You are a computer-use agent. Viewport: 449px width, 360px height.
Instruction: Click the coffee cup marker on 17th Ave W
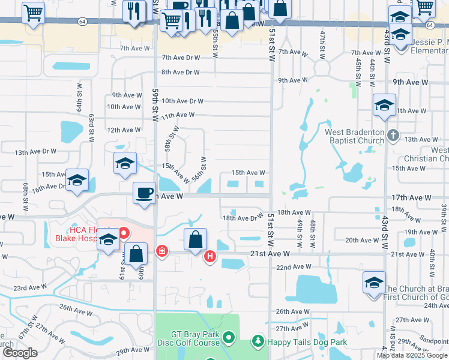(143, 194)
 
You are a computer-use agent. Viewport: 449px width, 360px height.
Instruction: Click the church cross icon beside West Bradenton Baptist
(393, 135)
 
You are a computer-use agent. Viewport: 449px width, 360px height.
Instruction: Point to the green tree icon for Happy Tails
(258, 341)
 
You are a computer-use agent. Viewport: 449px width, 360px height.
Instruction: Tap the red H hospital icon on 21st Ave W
(210, 257)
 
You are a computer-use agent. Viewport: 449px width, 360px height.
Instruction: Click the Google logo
(20, 353)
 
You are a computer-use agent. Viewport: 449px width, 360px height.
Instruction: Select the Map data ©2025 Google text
(412, 355)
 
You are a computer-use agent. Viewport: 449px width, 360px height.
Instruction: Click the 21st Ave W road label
(267, 254)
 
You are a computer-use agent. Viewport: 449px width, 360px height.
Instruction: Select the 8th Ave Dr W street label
(179, 72)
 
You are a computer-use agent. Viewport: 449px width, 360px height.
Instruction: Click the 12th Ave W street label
(124, 130)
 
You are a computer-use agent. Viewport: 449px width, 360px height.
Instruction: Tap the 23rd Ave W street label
(30, 288)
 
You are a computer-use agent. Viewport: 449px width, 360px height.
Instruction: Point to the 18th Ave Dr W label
(243, 218)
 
